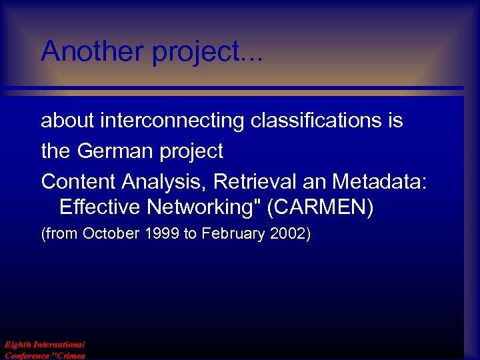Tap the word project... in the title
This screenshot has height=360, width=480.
pos(207,53)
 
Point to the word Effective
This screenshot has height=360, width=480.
pos(100,207)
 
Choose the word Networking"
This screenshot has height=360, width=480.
pos(203,208)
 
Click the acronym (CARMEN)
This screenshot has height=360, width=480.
pos(320,208)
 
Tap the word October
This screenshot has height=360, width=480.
pos(105,235)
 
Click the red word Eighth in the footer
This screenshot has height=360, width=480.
pos(18,345)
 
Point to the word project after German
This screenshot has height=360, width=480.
pos(191,152)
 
